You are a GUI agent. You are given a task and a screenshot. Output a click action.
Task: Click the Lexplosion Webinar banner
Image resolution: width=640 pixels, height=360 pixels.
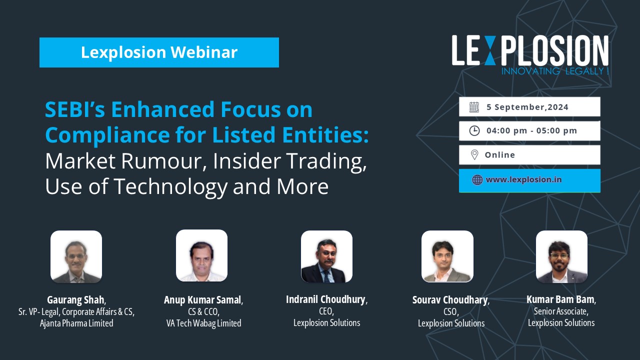[159, 52]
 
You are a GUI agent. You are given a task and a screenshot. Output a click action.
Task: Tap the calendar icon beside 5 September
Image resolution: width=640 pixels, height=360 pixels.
[474, 107]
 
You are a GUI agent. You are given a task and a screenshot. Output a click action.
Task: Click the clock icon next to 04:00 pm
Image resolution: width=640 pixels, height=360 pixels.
[474, 130]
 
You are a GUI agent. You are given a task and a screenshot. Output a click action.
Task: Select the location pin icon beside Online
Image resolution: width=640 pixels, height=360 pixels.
[474, 155]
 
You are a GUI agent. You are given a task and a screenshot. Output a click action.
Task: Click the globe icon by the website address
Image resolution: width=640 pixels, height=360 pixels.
[477, 179]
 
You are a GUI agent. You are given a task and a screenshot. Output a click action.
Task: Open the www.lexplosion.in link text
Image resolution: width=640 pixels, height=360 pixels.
[523, 179]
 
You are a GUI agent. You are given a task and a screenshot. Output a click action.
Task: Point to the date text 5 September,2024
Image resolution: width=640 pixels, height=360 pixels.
[527, 107]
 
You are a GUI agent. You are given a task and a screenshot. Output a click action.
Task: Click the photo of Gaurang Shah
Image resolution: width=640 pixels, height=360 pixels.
[76, 256]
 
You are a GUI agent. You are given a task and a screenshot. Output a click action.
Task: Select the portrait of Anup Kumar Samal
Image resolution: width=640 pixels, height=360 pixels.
[201, 255]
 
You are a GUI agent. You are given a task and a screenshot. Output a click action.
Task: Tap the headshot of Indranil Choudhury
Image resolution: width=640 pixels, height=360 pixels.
[326, 256]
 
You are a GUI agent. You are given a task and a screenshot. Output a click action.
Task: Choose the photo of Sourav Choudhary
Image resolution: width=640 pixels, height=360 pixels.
[447, 256]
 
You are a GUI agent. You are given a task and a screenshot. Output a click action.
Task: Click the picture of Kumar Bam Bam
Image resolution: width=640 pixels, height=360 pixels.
[561, 256]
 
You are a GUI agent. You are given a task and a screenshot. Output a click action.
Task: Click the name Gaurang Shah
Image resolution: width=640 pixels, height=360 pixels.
[75, 299]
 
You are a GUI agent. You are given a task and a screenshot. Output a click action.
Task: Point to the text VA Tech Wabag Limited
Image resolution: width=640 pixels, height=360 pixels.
[203, 323]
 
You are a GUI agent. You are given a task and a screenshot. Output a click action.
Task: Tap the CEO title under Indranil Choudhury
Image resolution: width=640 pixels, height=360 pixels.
[326, 311]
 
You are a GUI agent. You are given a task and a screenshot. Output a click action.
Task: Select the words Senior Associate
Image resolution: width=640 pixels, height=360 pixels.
[560, 311]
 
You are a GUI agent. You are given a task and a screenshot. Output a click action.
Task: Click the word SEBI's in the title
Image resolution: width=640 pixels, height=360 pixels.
[75, 109]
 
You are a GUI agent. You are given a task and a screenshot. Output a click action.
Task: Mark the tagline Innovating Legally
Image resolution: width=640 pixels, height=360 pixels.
[555, 71]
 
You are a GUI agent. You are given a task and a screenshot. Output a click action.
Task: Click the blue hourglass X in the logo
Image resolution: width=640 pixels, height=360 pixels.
[489, 50]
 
